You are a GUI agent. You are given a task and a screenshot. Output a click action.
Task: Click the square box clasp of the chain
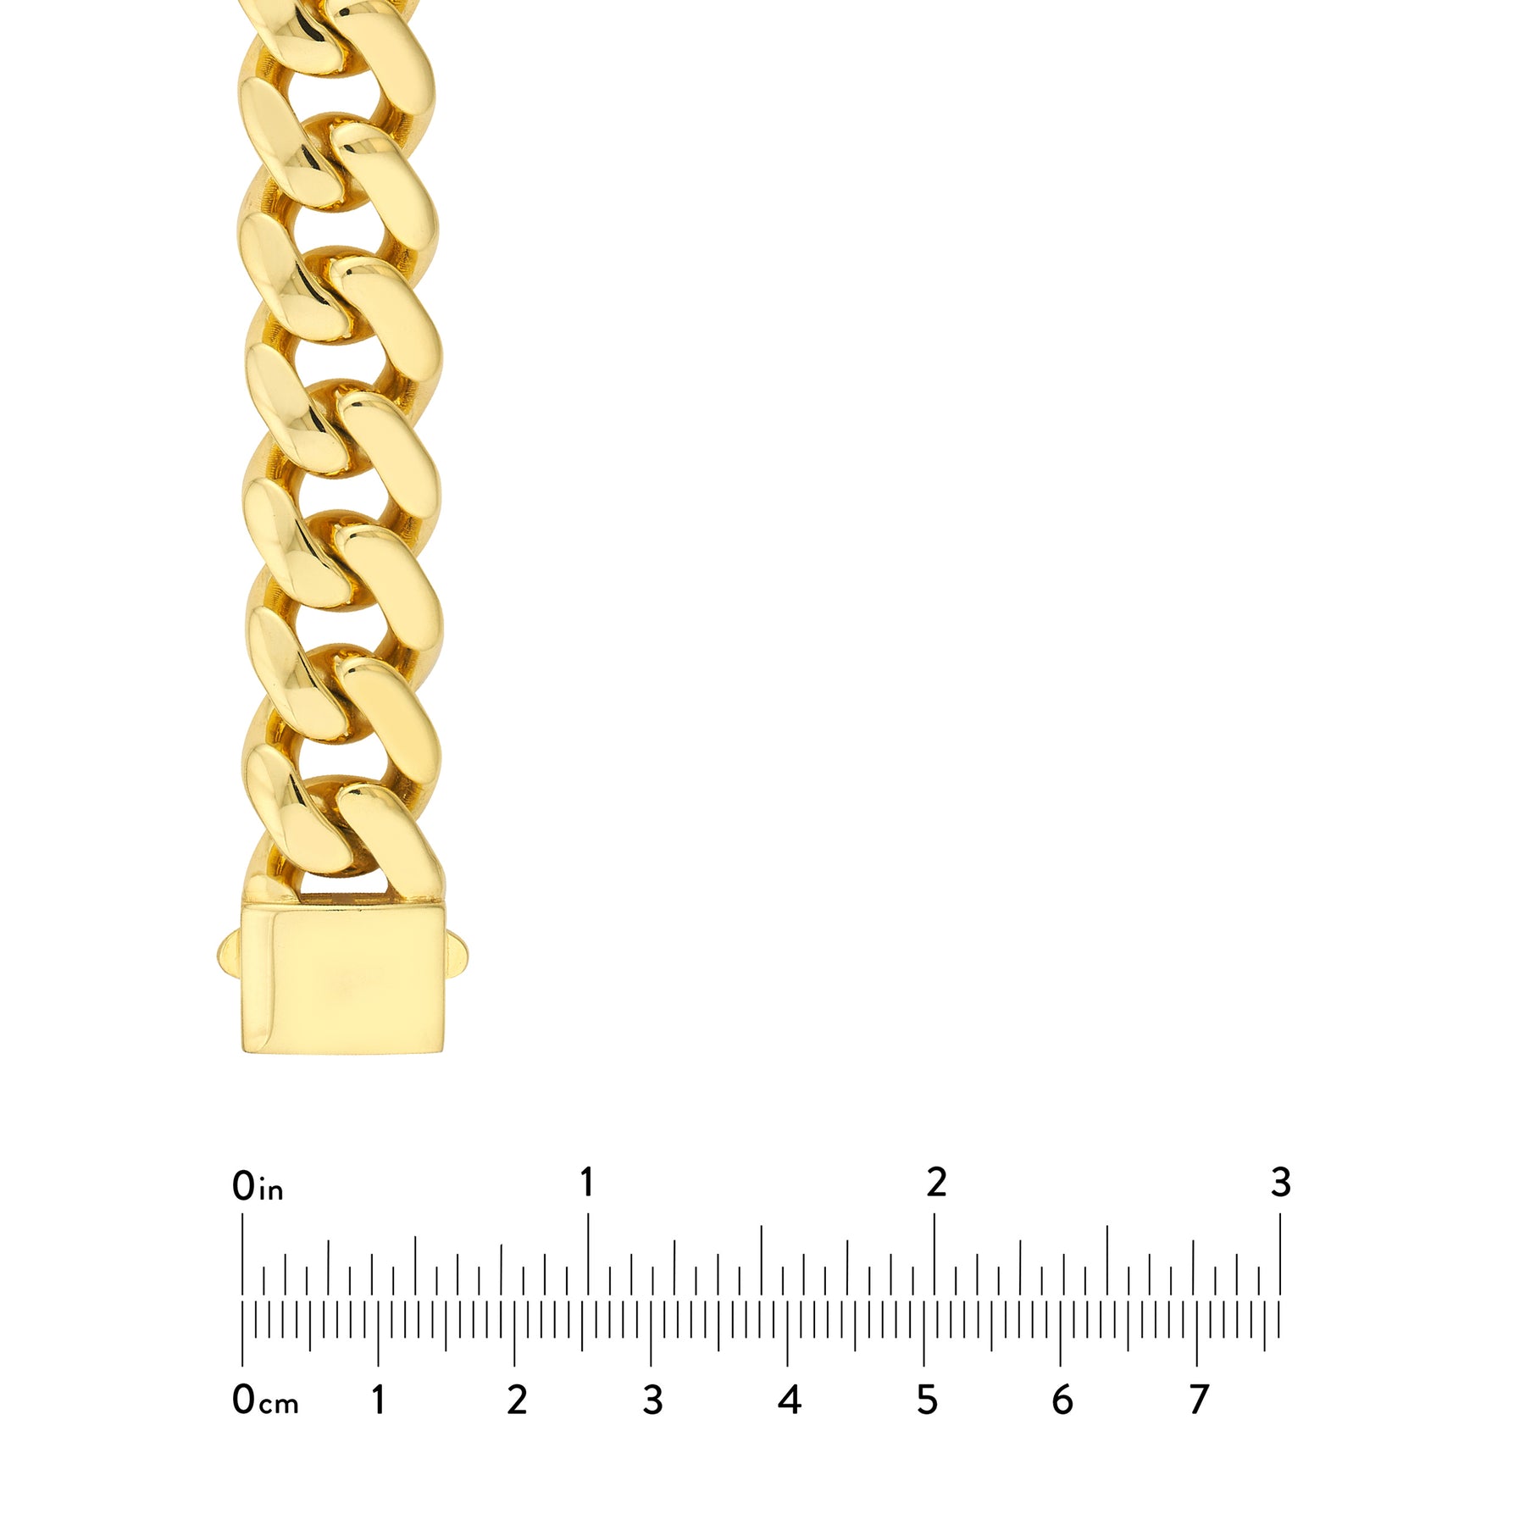(x=342, y=978)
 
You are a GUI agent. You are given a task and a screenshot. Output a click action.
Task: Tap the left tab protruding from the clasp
(x=230, y=957)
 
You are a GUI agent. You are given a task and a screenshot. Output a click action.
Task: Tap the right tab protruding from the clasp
(x=454, y=957)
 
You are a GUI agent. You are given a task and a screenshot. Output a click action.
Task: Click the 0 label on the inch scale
(x=243, y=1186)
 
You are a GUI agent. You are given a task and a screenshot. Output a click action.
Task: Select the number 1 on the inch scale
(x=586, y=1182)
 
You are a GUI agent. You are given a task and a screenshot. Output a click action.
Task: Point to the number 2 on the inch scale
(x=936, y=1182)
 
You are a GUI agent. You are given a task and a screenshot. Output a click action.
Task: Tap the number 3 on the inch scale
(x=1280, y=1182)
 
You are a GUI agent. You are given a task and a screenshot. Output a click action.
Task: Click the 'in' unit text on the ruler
(x=270, y=1190)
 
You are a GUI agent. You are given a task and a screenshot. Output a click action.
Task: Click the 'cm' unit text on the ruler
(x=279, y=1405)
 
